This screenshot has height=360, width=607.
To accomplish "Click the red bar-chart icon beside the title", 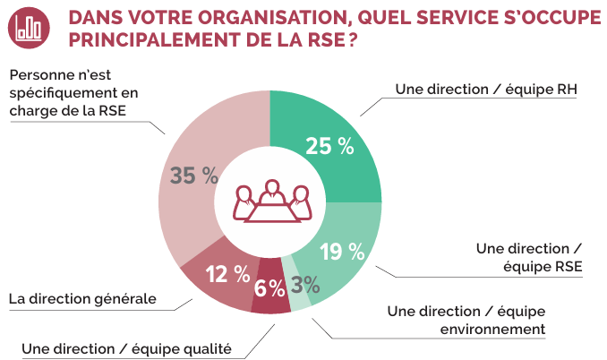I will (30, 29).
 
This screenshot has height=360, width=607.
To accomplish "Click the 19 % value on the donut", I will (341, 252).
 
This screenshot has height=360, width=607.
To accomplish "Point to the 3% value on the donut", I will (305, 286).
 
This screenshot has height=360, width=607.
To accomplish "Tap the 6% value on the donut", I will (269, 287).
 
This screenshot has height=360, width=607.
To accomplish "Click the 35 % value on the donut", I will (194, 176).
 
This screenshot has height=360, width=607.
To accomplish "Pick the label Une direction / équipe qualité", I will (126, 348).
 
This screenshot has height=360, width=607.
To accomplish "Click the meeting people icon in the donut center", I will (269, 201).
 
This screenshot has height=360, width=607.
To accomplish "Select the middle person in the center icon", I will (269, 193).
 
